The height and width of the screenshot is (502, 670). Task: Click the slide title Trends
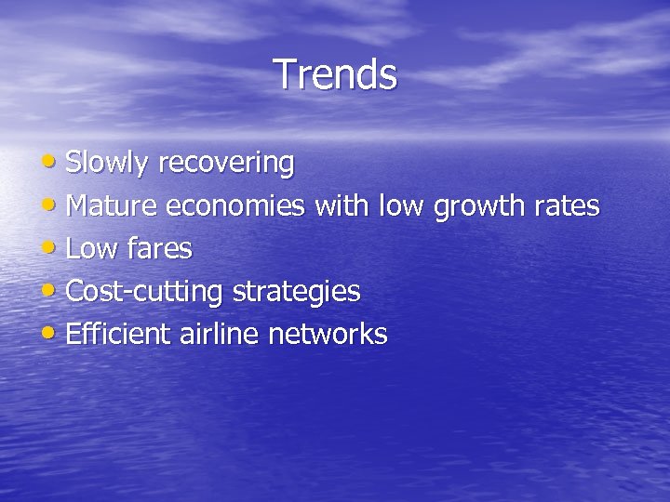(x=335, y=74)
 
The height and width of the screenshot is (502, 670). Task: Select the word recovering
(x=226, y=164)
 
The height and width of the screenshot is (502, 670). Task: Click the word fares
(x=159, y=249)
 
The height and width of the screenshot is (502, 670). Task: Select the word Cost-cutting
(x=145, y=292)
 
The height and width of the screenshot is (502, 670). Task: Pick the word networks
(x=328, y=335)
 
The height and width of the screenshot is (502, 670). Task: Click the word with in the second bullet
(x=342, y=206)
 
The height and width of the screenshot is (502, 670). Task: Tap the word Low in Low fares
(x=93, y=249)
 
